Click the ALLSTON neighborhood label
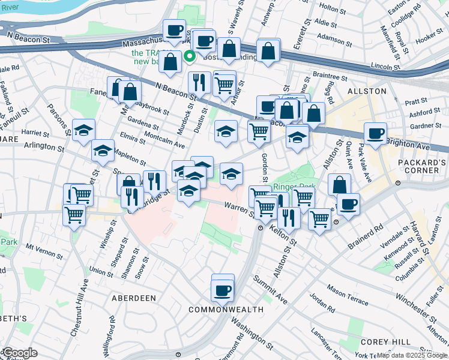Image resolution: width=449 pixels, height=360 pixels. pos(366,91)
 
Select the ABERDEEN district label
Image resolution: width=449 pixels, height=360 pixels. pos(133,298)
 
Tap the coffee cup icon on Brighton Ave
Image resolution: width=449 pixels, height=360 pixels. pos(375,134)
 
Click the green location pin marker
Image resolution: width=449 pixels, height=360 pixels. pos(190,58)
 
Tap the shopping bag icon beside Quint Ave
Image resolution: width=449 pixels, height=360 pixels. pos(339,185)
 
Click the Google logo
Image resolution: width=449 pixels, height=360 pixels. pos(20,353)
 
